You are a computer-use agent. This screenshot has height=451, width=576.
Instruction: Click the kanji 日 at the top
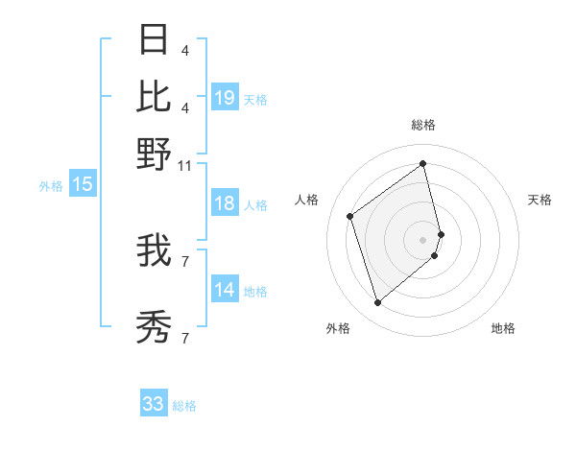154,40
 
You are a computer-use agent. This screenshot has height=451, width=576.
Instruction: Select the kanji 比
154,96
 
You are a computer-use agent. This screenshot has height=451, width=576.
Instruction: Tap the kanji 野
154,154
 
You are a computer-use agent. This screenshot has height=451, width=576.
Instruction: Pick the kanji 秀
154,326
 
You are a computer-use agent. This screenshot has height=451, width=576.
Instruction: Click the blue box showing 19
225,98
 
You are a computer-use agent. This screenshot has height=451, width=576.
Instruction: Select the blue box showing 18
225,203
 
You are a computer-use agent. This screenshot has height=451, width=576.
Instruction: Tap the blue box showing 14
225,291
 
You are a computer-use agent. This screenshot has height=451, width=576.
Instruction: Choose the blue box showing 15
83,185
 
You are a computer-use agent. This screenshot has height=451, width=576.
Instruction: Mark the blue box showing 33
154,404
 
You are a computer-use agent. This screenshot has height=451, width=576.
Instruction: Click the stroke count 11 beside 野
184,165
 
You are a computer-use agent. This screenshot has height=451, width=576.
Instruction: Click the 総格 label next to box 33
184,406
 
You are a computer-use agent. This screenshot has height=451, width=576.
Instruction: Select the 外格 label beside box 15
50,186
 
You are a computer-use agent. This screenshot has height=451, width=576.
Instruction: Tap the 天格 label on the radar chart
540,200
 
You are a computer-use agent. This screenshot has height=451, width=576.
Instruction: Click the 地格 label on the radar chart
503,328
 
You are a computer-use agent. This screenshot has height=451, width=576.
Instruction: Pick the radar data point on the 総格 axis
423,163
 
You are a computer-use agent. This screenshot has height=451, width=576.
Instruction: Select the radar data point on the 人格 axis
350,216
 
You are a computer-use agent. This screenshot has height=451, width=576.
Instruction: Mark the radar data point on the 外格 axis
377,303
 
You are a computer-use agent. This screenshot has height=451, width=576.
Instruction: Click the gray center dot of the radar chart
423,238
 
